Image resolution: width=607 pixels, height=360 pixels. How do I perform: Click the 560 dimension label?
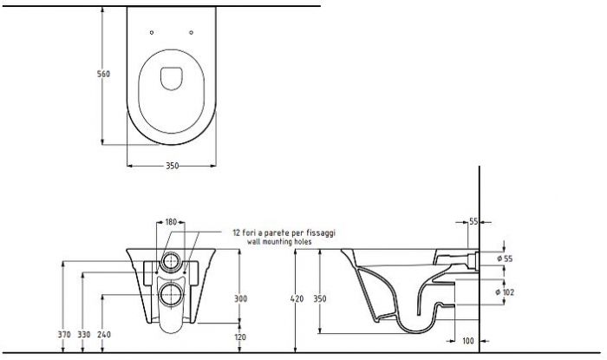[x=103, y=74]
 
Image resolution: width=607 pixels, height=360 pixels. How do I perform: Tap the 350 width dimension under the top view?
[x=173, y=166]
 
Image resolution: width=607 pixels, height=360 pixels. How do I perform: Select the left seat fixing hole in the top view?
[x=152, y=32]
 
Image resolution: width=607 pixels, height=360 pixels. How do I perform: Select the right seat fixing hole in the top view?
[x=192, y=32]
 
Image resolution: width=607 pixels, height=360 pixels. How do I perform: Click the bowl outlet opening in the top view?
[x=171, y=79]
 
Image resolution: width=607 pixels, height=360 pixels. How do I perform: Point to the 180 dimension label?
[x=171, y=222]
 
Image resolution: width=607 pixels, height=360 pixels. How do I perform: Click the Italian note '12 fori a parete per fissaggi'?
[x=284, y=232]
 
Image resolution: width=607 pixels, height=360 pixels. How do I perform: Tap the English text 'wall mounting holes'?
[x=279, y=242]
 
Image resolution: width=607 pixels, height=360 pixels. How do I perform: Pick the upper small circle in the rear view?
[x=171, y=261]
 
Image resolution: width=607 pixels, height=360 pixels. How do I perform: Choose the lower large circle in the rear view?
[x=171, y=295]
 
